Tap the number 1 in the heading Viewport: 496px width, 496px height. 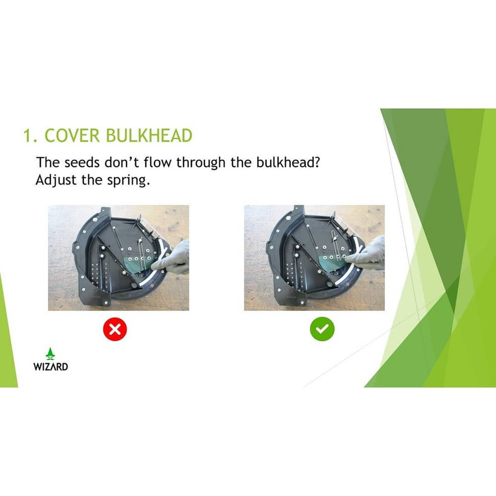click(28, 135)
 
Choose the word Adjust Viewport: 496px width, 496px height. click(56, 180)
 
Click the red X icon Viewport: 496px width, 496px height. click(115, 329)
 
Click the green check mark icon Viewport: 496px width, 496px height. click(322, 329)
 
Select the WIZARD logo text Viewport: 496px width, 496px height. click(51, 367)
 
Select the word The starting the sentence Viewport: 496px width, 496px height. click(48, 162)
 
